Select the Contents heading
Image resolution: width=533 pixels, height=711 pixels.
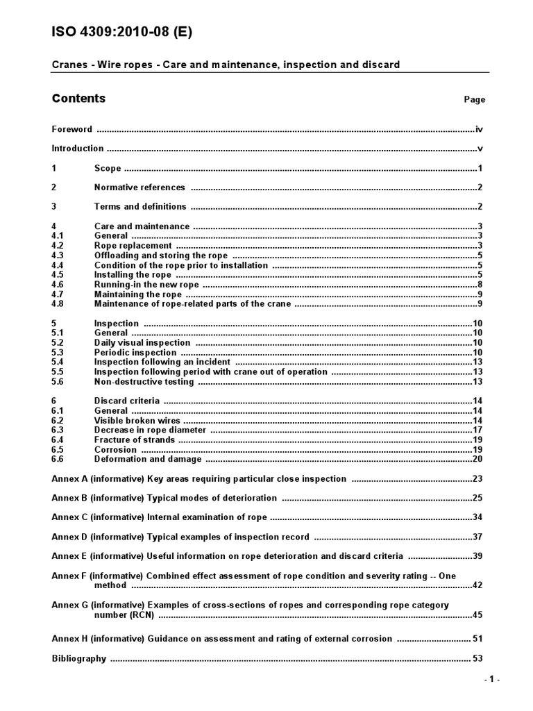[78, 99]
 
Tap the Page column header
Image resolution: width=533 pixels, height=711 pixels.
[475, 100]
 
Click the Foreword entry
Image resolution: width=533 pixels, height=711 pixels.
[72, 129]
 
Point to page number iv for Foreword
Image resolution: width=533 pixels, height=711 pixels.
[478, 129]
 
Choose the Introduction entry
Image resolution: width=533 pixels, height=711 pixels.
[78, 149]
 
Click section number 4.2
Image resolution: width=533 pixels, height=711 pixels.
[58, 246]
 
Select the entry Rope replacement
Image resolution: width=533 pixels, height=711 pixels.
[133, 246]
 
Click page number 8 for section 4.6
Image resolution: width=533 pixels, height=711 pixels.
[480, 285]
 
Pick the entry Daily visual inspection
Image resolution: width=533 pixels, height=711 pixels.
[142, 343]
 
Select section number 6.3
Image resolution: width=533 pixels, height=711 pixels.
[58, 430]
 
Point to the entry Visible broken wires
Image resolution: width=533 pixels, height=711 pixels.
[137, 421]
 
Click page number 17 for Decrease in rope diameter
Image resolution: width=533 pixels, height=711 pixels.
[477, 430]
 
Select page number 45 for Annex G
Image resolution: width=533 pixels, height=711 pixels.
[477, 615]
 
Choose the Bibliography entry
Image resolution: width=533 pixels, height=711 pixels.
[79, 659]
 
